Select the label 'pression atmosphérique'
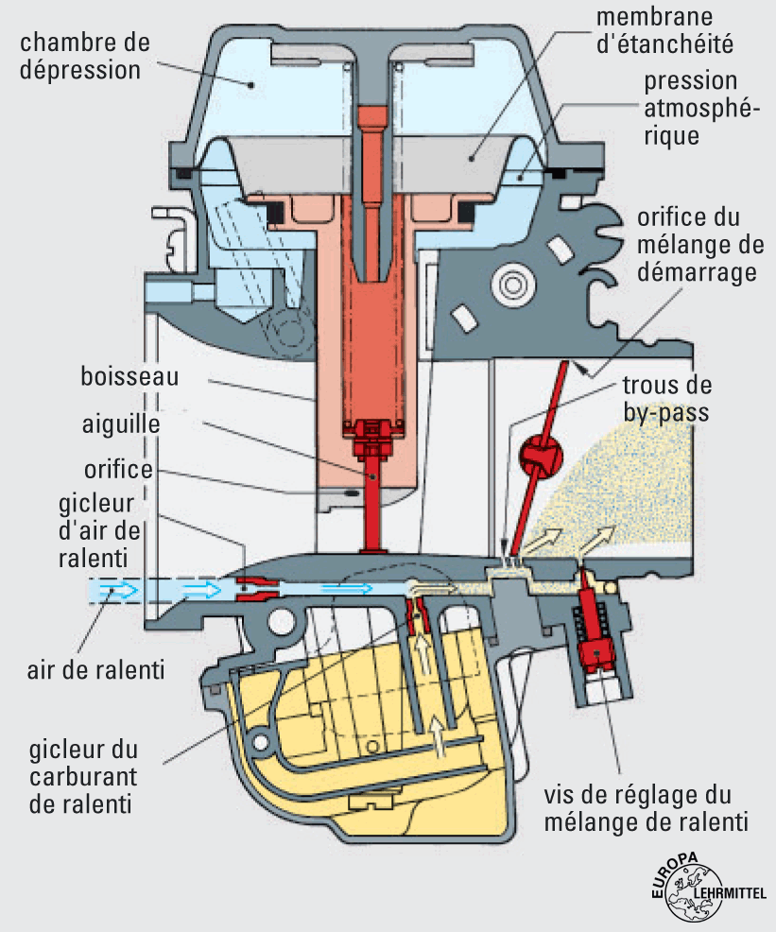tap(681, 109)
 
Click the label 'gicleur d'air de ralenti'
tap(95, 526)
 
